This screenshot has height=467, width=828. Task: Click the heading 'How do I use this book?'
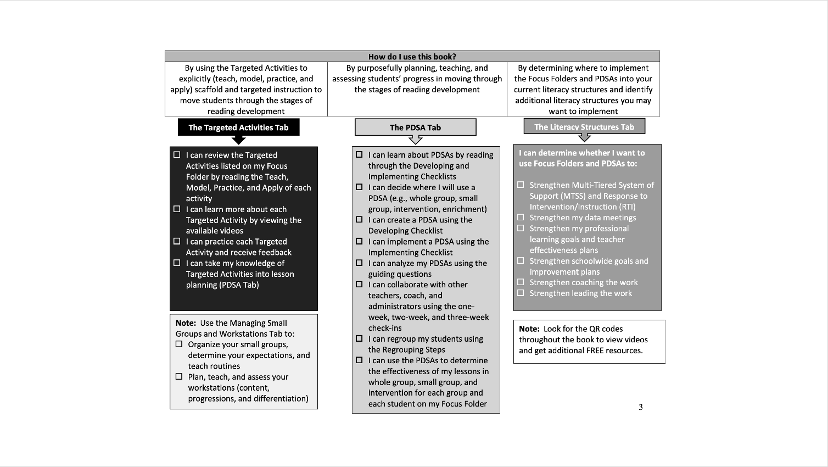click(412, 57)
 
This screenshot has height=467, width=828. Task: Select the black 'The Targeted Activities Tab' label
click(238, 127)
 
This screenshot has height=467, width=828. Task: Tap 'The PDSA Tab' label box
click(415, 127)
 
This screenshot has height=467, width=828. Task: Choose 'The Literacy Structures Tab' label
click(584, 127)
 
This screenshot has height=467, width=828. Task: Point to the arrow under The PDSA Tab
click(416, 140)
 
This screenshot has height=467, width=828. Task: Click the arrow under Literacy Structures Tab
click(584, 138)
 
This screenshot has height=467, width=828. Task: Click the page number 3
click(640, 407)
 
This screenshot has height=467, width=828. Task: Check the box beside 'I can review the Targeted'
click(177, 155)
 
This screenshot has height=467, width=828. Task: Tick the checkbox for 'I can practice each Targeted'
click(177, 241)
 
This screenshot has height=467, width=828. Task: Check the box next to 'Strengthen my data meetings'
click(521, 218)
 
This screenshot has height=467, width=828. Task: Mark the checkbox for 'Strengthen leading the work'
click(521, 293)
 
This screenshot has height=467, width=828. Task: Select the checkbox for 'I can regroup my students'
click(359, 338)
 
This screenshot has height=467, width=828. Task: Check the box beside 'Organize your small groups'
click(179, 344)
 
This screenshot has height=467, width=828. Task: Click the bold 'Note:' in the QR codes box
click(529, 329)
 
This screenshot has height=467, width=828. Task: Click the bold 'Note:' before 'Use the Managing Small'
click(186, 323)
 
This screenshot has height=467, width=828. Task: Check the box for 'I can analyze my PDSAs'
click(359, 263)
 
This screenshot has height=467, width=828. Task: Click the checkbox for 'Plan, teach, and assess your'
click(179, 377)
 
